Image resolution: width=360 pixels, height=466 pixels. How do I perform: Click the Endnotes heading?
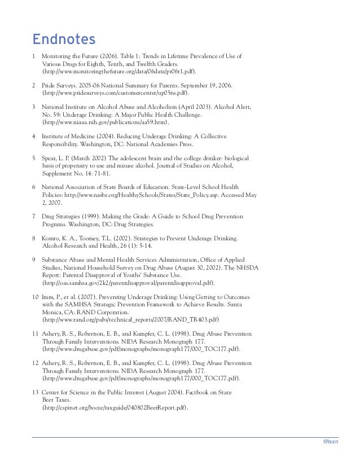click(63, 40)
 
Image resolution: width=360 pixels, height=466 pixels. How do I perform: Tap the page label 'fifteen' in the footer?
click(330, 442)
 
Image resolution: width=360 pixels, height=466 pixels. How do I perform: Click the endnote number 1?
click(34, 58)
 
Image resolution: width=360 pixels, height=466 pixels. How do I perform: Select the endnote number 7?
click(34, 217)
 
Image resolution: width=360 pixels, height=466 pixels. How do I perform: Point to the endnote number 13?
click(36, 391)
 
